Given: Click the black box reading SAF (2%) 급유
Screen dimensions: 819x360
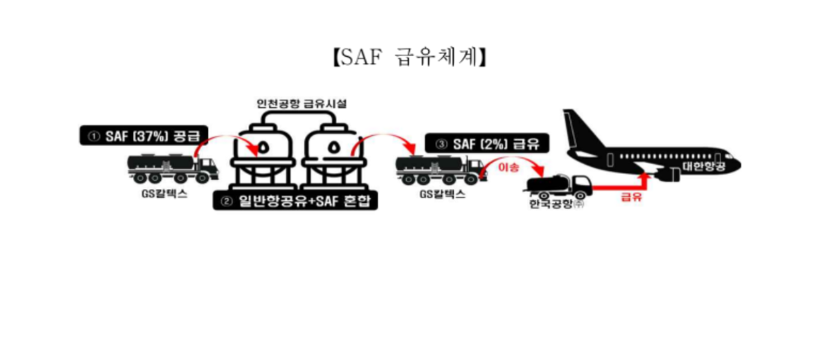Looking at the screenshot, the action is (488, 143).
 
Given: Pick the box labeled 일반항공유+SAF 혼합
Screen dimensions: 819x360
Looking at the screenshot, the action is (295, 201).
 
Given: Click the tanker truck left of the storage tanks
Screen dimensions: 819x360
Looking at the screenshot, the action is (173, 168).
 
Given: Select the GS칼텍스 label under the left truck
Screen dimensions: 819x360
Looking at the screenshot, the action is (162, 195).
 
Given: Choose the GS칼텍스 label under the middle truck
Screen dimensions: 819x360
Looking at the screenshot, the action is (441, 195).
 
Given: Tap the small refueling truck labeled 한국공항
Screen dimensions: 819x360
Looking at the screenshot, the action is (559, 186).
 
